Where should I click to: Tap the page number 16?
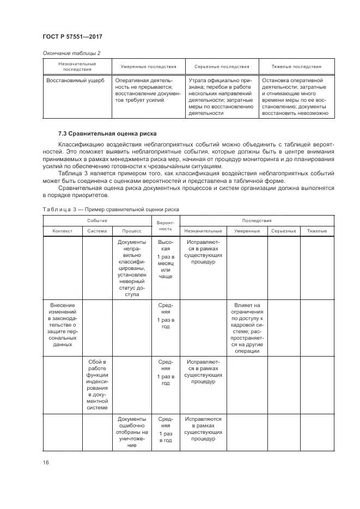coord(46,463)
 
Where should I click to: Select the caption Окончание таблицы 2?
coord(71,53)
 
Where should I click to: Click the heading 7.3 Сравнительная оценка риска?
coord(107,133)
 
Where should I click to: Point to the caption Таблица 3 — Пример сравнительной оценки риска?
coord(111,209)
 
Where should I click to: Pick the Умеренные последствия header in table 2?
coord(148,66)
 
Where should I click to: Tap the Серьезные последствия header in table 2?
coord(222,66)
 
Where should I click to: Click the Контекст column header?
coord(63,231)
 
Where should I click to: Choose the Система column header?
coord(97,231)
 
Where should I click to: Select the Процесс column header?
coord(131,231)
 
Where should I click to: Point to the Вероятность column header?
coord(165,226)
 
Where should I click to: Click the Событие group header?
coord(97,220)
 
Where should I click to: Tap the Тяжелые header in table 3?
coord(316,231)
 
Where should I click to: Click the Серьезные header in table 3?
coord(283,231)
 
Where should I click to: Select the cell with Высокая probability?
coord(165,259)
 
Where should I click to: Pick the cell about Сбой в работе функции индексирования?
coord(97,384)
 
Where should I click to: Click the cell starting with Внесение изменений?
coord(63,325)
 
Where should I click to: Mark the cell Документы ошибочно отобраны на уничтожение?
coord(131,432)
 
